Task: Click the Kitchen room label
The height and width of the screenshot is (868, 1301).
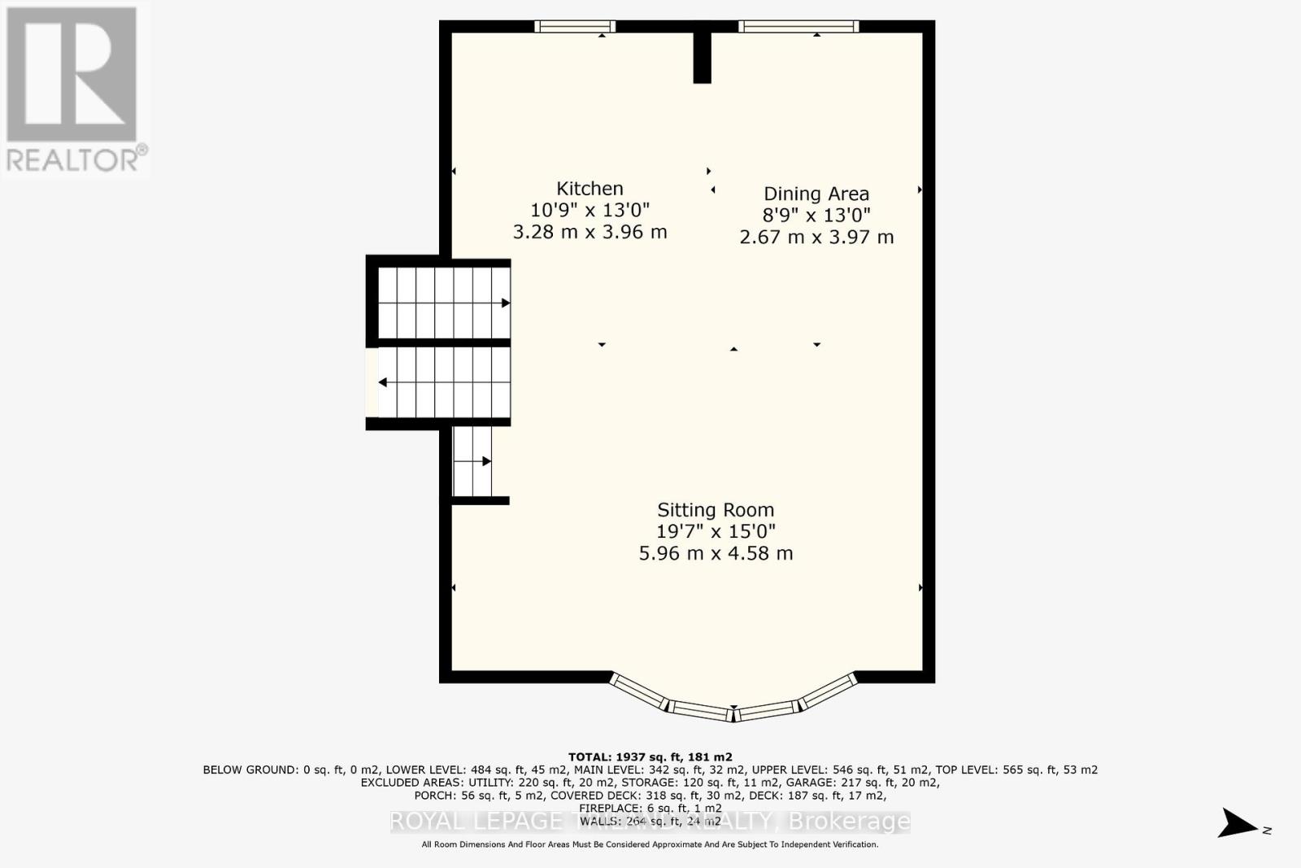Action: tap(590, 189)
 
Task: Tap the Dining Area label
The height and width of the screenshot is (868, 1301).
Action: tap(816, 194)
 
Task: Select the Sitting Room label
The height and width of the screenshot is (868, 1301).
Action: tap(716, 510)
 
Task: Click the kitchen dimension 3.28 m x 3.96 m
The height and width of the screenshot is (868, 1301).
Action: tap(590, 233)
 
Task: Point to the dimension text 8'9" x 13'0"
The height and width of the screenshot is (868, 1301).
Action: tap(816, 216)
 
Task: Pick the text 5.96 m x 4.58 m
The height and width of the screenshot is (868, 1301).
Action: tap(716, 554)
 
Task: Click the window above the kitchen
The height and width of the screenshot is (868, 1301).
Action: tap(575, 27)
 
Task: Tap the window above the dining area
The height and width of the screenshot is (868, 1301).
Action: tap(798, 27)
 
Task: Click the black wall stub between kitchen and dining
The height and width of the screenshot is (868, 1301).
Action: tap(702, 57)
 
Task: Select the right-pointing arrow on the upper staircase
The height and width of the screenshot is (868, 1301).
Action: tap(505, 303)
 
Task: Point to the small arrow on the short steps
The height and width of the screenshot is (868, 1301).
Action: tap(486, 461)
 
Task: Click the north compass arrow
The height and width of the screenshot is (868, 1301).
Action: tap(1238, 823)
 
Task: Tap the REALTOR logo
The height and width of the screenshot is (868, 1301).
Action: tap(75, 89)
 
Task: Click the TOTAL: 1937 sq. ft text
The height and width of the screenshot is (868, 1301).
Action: tap(650, 757)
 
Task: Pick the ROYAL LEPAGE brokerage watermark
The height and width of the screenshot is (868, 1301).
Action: tap(650, 822)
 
